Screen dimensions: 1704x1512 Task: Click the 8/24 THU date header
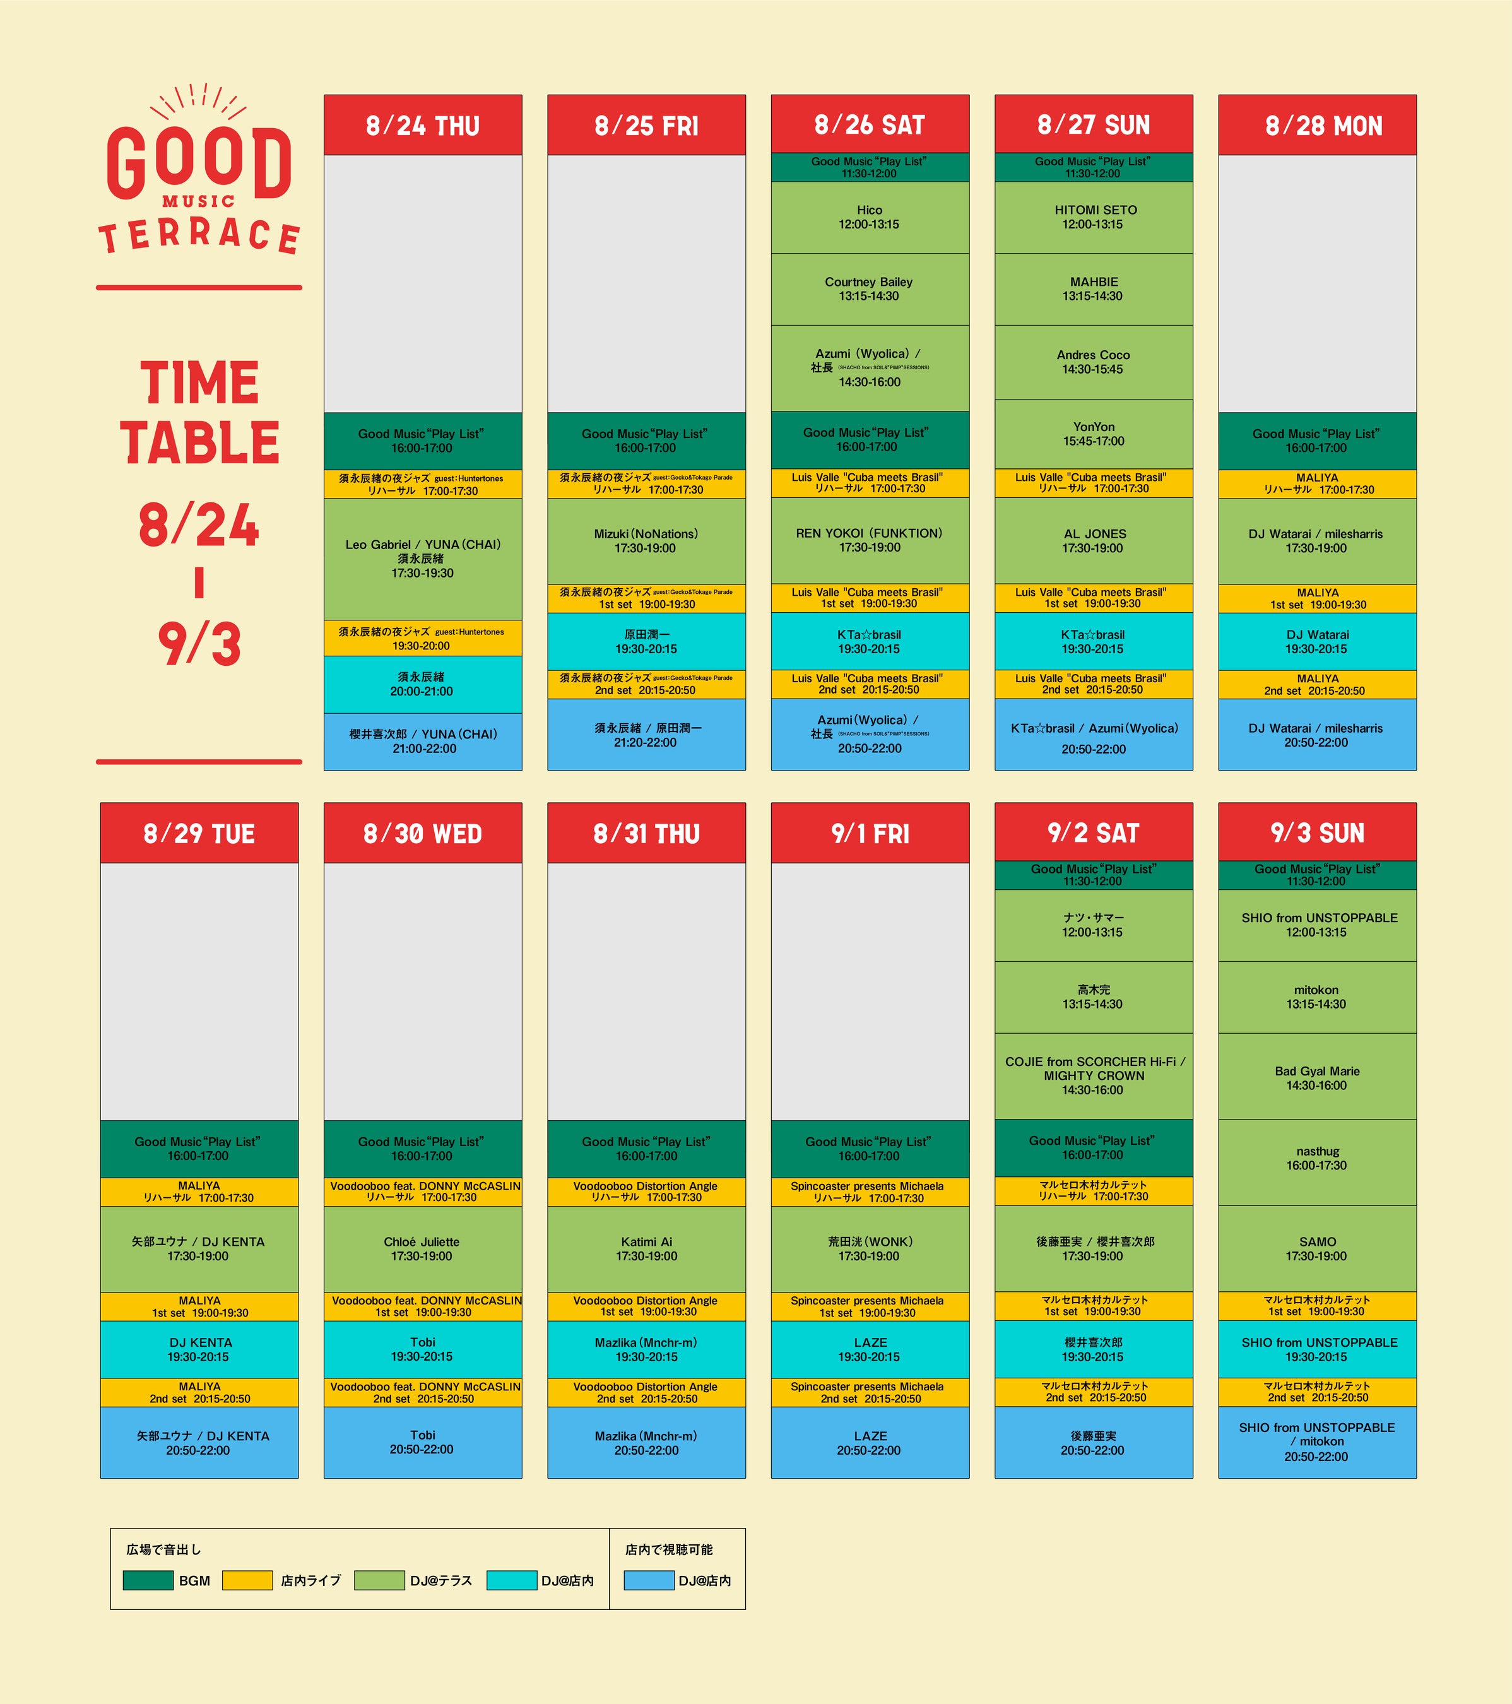coord(423,125)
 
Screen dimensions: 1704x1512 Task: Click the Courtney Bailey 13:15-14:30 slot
coord(870,289)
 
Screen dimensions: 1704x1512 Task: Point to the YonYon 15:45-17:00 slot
coord(1094,434)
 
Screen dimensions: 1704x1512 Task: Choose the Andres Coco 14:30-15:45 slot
coord(1094,362)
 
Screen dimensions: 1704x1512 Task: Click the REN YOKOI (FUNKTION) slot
coord(870,540)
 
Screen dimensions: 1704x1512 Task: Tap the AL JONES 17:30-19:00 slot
coord(1094,540)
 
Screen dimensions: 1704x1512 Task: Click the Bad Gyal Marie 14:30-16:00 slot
coord(1317,1078)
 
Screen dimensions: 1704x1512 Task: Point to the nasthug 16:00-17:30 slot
coord(1317,1159)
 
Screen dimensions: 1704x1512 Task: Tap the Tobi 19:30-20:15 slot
coord(423,1349)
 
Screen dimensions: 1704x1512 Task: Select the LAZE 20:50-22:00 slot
coord(870,1442)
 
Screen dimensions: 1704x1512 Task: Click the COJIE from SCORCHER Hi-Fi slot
coord(1094,1075)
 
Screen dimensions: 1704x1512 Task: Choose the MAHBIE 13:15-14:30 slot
coord(1094,289)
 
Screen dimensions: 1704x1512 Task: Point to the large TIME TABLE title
coord(199,413)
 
